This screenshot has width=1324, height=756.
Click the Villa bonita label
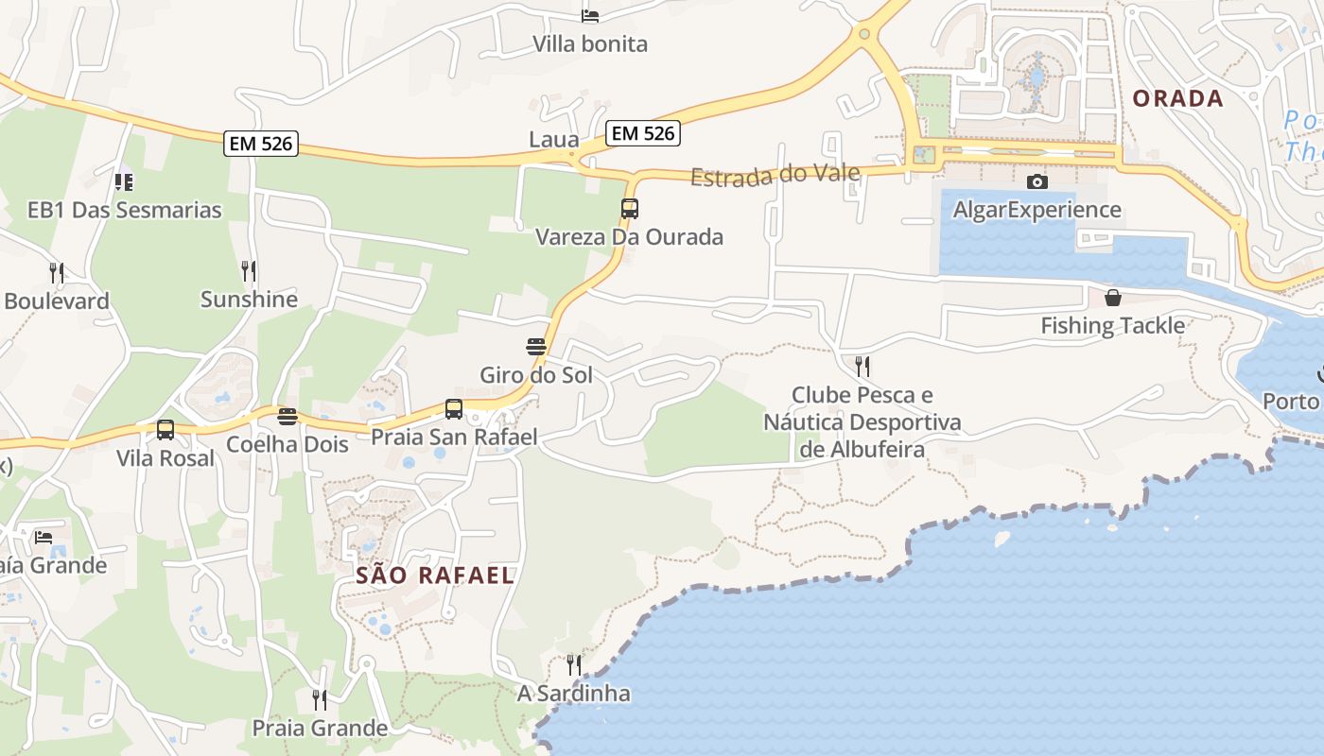[x=590, y=43]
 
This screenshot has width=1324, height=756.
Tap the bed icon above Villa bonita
[x=590, y=15]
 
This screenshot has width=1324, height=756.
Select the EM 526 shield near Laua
[x=643, y=133]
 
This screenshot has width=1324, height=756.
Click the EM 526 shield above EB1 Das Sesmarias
[x=261, y=144]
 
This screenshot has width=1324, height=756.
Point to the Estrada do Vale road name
[x=775, y=175]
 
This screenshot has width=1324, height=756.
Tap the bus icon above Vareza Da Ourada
[x=630, y=208]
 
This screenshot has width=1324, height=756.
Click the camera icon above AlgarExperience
[x=1037, y=181]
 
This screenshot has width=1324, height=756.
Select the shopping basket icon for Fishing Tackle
[x=1113, y=298]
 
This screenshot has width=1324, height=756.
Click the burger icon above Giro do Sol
[x=536, y=347]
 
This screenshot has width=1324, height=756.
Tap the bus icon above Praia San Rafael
[x=454, y=409]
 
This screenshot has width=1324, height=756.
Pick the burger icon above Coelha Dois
[x=287, y=417]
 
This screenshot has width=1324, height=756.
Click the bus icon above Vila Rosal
[x=165, y=430]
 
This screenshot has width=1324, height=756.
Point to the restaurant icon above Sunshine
[x=249, y=271]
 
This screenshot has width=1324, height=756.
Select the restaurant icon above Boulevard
[x=57, y=273]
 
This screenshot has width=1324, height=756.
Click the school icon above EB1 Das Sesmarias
[x=124, y=181]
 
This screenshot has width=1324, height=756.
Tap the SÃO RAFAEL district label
[x=435, y=575]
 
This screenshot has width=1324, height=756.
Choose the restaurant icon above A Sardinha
[x=573, y=665]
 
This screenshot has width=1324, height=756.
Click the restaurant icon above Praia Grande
[x=320, y=700]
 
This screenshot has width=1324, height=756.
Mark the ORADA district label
[x=1177, y=98]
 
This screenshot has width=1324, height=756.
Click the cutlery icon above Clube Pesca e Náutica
[x=862, y=366]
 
